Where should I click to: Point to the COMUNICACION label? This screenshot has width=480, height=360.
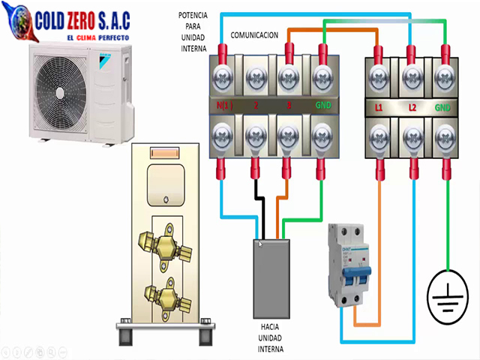tap(254, 35)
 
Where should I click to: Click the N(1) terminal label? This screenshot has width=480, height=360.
tap(224, 107)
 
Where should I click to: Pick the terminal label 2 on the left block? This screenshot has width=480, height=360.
tap(256, 107)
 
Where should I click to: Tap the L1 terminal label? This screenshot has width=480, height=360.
tap(379, 108)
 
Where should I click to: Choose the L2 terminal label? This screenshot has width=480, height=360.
tap(412, 108)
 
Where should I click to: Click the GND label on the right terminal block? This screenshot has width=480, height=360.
tap(443, 108)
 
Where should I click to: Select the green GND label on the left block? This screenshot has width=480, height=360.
tap(322, 107)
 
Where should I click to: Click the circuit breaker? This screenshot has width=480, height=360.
tap(350, 265)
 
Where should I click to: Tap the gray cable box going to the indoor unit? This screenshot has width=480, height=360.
tap(271, 277)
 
